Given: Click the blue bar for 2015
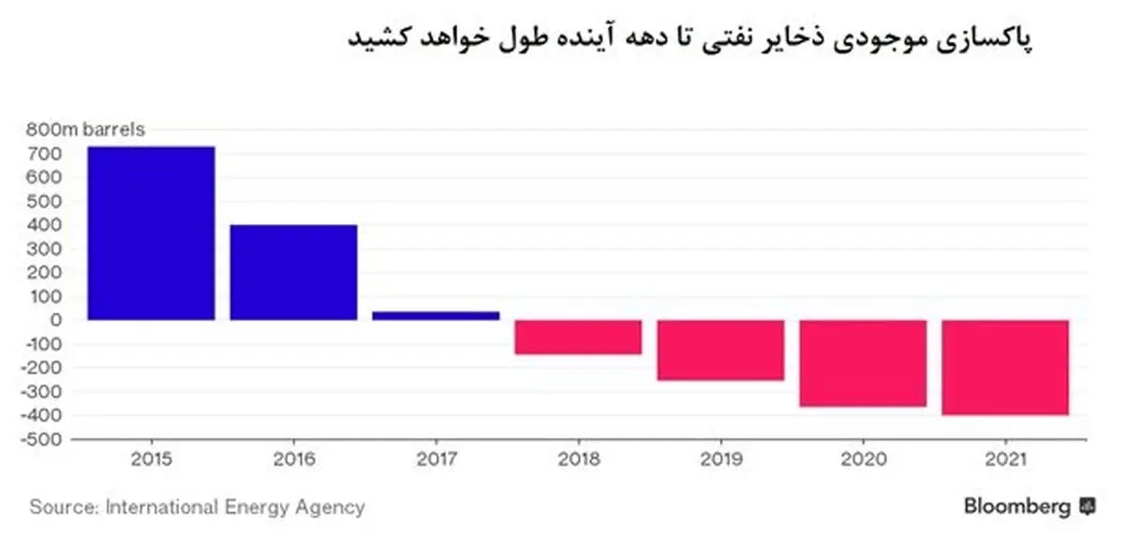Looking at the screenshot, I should [x=151, y=233].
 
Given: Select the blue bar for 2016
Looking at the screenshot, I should [x=293, y=273].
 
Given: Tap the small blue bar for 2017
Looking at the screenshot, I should [x=436, y=316].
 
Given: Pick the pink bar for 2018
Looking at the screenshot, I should [x=578, y=337].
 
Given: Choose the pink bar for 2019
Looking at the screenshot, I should [x=720, y=350].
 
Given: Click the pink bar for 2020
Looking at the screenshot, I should [x=863, y=363].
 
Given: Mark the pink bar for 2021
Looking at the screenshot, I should [x=1005, y=368].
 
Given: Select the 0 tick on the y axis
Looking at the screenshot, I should [x=56, y=320].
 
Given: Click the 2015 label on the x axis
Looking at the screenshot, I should [x=151, y=461].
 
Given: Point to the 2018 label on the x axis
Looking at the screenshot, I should [x=578, y=461].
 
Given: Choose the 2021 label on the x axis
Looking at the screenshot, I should [x=1005, y=461].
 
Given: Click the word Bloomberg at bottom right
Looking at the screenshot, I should [x=1016, y=507].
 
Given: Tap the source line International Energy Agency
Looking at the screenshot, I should [x=197, y=508].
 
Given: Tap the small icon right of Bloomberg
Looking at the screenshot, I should [x=1087, y=507].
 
